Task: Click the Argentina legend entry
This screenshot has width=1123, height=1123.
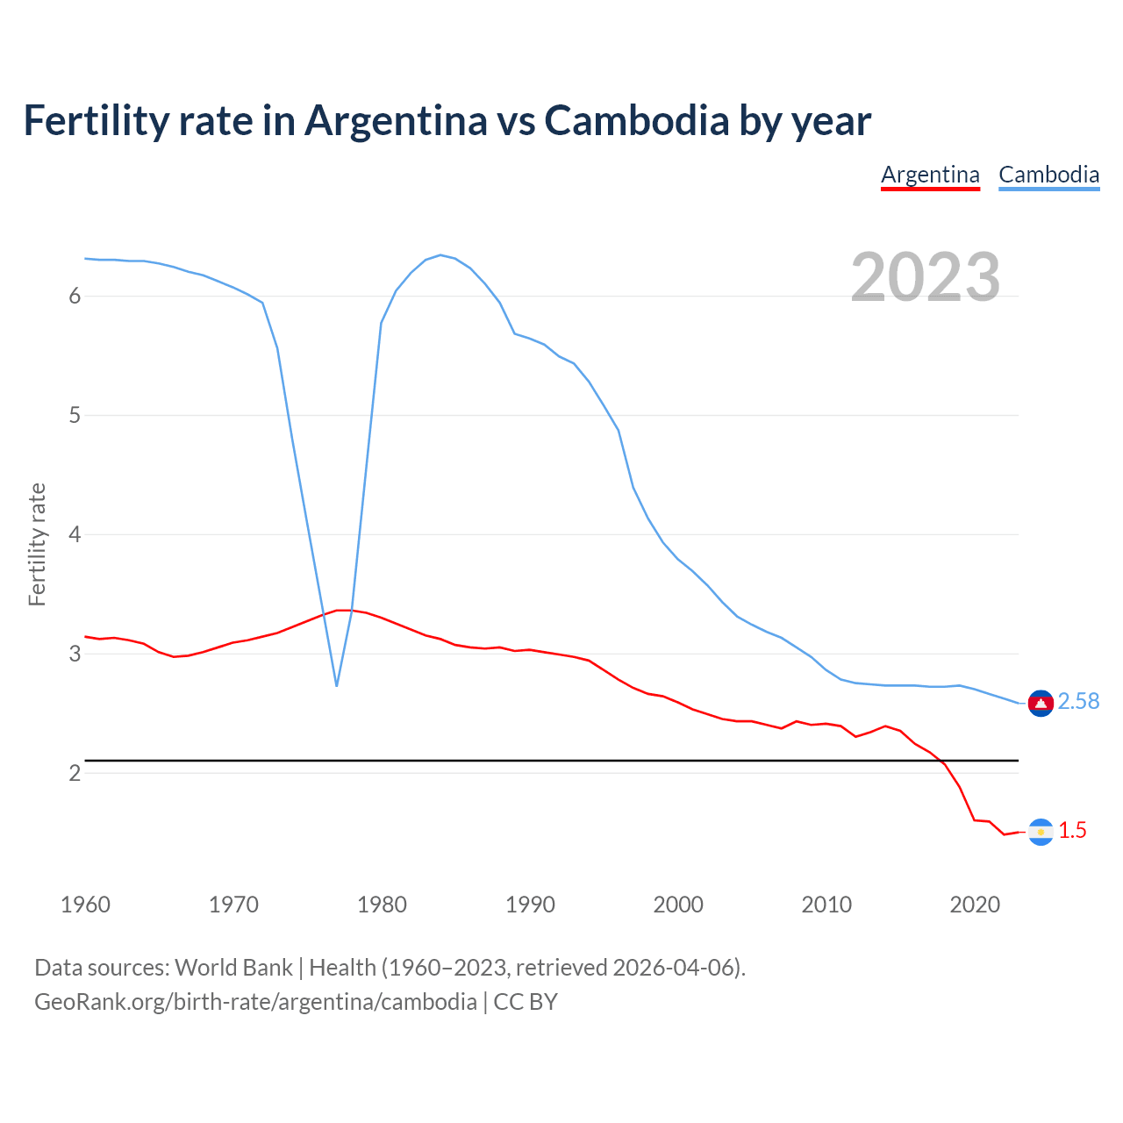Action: point(930,175)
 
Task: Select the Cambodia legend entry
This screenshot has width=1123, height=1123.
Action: point(1048,175)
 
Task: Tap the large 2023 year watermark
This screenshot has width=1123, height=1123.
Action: point(926,277)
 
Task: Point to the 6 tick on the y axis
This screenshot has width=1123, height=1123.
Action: point(75,297)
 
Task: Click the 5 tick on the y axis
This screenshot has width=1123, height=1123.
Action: point(75,415)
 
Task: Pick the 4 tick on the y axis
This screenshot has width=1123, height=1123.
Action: point(75,534)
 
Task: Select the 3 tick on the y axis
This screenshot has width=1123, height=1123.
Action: point(75,654)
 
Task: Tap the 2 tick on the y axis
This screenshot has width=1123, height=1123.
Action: point(75,773)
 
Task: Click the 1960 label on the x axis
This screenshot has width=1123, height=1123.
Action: point(85,905)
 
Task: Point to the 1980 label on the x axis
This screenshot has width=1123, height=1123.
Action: point(382,905)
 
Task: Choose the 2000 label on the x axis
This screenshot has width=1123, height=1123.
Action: point(678,905)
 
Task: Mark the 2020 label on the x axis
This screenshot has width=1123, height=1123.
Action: point(975,905)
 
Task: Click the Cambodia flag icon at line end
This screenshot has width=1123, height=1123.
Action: point(1041,703)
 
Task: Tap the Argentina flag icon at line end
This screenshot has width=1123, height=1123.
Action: point(1041,832)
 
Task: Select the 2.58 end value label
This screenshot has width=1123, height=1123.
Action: point(1078,702)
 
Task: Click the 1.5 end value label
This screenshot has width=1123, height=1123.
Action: point(1072,831)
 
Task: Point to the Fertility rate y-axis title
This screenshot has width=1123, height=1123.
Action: point(37,544)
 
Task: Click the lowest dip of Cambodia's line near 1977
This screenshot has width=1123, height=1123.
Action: point(337,685)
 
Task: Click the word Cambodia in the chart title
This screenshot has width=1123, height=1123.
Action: point(636,120)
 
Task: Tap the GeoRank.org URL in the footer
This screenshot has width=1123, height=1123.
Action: point(255,1002)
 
